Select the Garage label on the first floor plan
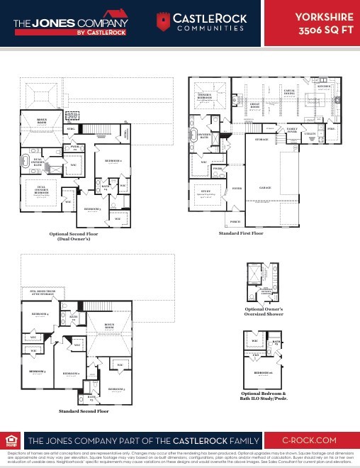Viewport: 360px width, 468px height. tap(265, 188)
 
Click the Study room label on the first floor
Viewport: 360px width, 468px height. tap(207, 190)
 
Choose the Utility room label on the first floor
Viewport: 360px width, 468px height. tap(310, 133)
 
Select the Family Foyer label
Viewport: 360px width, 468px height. tap(292, 130)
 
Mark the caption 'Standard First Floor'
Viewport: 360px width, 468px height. tap(240, 233)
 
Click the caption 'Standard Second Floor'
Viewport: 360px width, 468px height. tap(84, 411)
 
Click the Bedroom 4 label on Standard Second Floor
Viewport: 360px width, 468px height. tap(40, 313)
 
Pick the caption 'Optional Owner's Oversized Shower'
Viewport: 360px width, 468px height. tap(264, 312)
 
